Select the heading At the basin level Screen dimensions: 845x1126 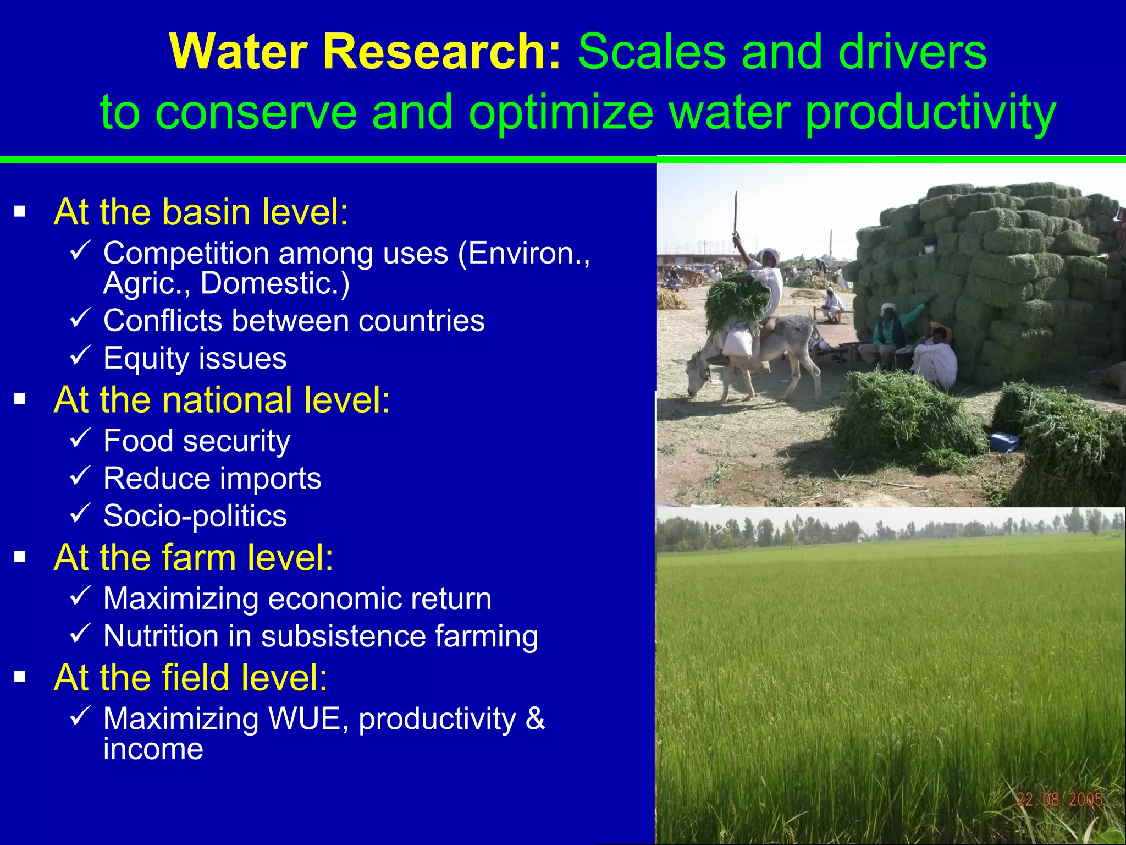(201, 212)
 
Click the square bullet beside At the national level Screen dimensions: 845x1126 (20, 399)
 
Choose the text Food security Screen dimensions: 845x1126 (197, 441)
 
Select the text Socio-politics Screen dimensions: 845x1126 (195, 516)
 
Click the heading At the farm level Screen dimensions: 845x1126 (193, 557)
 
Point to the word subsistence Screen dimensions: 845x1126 (343, 636)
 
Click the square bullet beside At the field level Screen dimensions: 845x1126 (20, 677)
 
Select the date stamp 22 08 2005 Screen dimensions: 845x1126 (1059, 799)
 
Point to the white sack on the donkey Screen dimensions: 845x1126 (737, 342)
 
